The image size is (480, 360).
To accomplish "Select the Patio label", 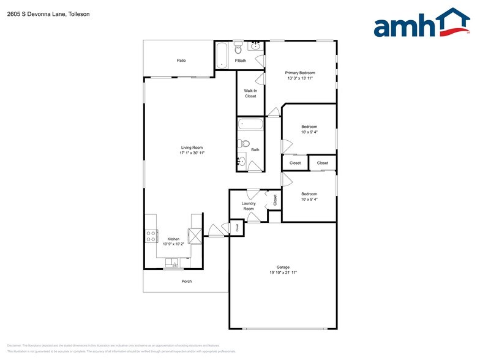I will point(181,61).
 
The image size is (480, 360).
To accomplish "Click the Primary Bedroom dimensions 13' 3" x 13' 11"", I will point(300,78).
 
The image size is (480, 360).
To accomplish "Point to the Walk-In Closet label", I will point(250,93).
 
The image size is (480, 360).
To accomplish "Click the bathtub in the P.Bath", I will point(222,56).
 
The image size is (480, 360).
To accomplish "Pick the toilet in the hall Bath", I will point(244,145).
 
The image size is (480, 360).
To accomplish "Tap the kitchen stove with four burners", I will point(150,236).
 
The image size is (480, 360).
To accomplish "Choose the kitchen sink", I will point(173,264).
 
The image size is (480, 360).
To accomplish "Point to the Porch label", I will point(187,281).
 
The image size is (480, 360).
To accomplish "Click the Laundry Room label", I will point(248,206).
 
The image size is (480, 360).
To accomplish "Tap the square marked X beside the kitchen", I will point(195,235).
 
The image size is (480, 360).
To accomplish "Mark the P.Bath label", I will point(241,61).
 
